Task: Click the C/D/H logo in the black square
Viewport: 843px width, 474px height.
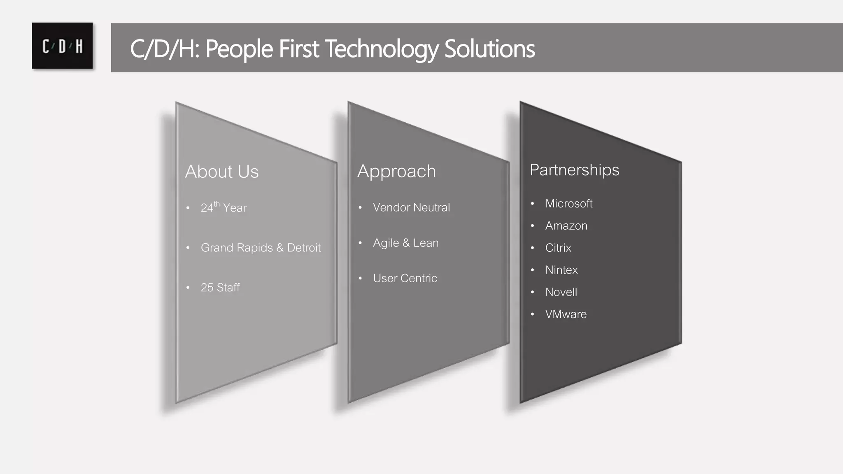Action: pyautogui.click(x=63, y=46)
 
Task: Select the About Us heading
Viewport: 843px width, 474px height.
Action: pyautogui.click(x=222, y=172)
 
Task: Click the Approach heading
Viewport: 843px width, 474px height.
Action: pyautogui.click(x=396, y=171)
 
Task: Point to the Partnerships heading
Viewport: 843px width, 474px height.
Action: pyautogui.click(x=574, y=170)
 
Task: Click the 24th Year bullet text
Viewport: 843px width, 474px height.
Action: pyautogui.click(x=224, y=207)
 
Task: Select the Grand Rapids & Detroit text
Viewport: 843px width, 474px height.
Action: pyautogui.click(x=261, y=248)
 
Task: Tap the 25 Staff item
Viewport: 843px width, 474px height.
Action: pyautogui.click(x=220, y=287)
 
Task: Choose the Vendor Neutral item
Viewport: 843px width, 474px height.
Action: pyautogui.click(x=411, y=207)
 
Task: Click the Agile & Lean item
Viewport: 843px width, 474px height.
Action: pyautogui.click(x=405, y=243)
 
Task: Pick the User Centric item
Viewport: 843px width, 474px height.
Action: pyautogui.click(x=405, y=278)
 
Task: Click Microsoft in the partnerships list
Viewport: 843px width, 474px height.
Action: pyautogui.click(x=569, y=203)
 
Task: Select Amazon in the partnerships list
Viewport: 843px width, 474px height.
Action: pyautogui.click(x=566, y=225)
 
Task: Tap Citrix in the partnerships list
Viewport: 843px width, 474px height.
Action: pyautogui.click(x=558, y=248)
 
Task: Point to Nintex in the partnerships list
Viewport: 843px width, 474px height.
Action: pyautogui.click(x=561, y=270)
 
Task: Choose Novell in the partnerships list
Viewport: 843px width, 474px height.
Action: pyautogui.click(x=561, y=292)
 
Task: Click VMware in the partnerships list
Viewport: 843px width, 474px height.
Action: pyautogui.click(x=566, y=314)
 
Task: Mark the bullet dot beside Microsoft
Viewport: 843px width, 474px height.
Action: pyautogui.click(x=532, y=204)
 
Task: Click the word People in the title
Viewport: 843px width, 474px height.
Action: pyautogui.click(x=239, y=49)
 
